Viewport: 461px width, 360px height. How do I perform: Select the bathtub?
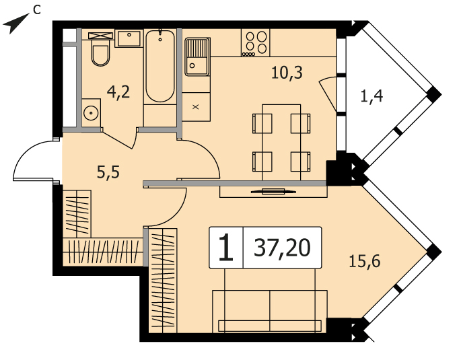pyautogui.click(x=160, y=66)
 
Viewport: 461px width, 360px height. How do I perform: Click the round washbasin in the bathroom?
pyautogui.click(x=91, y=113)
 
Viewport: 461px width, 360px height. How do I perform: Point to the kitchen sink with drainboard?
pyautogui.click(x=197, y=57)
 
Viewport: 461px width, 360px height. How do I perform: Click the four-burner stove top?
pyautogui.click(x=255, y=42)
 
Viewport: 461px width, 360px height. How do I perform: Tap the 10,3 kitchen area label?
pyautogui.click(x=287, y=73)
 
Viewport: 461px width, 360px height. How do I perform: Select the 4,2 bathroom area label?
pyautogui.click(x=118, y=92)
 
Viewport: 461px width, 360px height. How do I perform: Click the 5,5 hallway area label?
pyautogui.click(x=108, y=172)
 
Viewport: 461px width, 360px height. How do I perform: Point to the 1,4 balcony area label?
pyautogui.click(x=371, y=96)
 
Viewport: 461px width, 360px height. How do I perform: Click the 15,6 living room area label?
pyautogui.click(x=365, y=260)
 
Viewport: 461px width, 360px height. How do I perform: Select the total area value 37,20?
pyautogui.click(x=282, y=248)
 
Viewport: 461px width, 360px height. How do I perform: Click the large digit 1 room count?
pyautogui.click(x=226, y=248)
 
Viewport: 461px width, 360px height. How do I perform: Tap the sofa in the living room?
pyautogui.click(x=270, y=312)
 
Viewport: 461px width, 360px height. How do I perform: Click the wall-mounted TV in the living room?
pyautogui.click(x=273, y=192)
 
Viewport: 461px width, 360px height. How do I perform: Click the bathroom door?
pyautogui.click(x=118, y=139)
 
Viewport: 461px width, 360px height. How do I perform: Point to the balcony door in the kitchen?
pyautogui.click(x=328, y=93)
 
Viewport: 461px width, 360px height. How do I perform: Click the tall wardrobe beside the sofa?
pyautogui.click(x=163, y=281)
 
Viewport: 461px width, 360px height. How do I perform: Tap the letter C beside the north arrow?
pyautogui.click(x=37, y=10)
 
